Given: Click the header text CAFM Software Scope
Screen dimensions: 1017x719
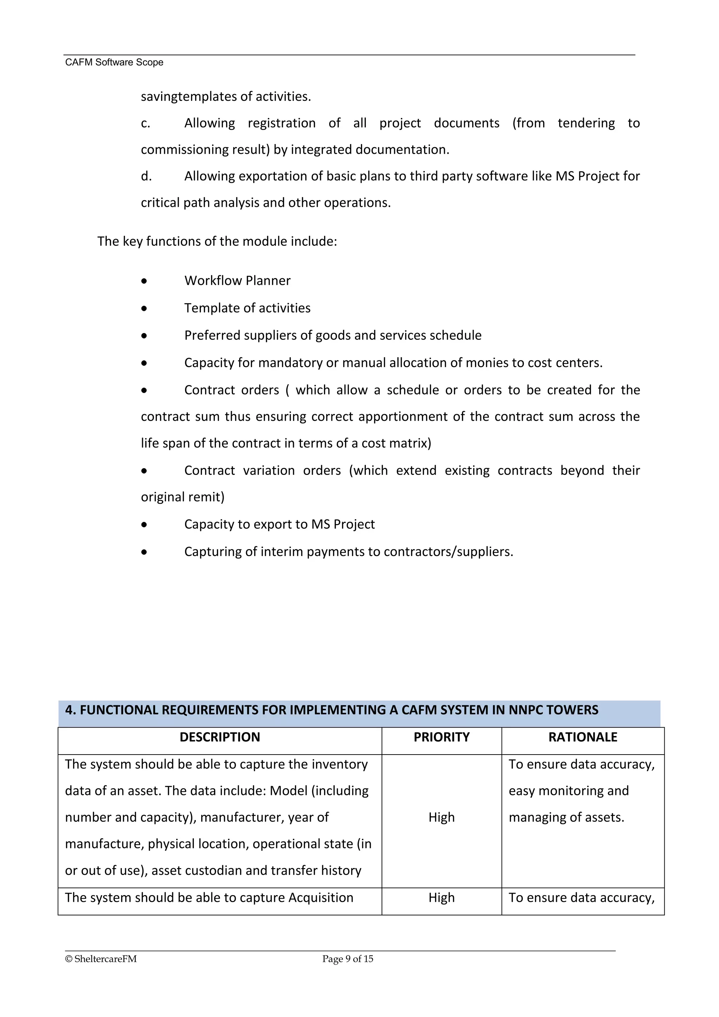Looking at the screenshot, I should [114, 63].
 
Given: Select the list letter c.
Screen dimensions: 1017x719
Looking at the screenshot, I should [145, 123].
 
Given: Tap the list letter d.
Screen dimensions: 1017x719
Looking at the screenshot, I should [146, 176].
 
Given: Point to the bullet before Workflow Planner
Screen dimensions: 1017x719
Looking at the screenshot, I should [144, 281].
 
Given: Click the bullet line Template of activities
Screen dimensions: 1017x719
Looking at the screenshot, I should [247, 308].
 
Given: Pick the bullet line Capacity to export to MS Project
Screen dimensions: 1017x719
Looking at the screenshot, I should [279, 524].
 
